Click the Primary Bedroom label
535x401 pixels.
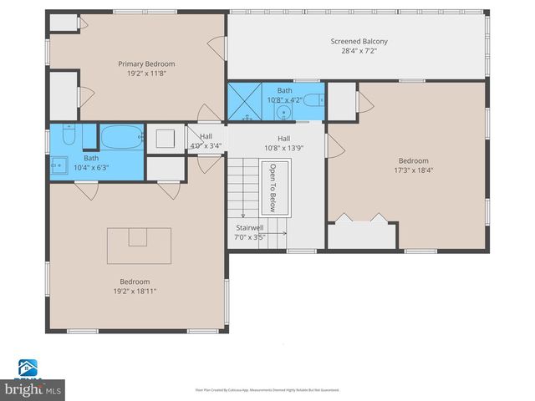click(146, 63)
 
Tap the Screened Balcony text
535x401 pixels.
click(359, 41)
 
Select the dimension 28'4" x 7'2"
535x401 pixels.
click(359, 51)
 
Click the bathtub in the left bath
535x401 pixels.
click(122, 136)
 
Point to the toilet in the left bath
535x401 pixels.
click(68, 135)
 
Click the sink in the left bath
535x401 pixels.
click(59, 164)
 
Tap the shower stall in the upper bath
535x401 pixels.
click(245, 100)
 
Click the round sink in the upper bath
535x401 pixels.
click(284, 111)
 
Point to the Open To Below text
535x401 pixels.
click(272, 188)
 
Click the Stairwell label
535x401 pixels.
click(250, 227)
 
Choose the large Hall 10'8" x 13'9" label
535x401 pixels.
click(283, 148)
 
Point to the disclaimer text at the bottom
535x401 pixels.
click(267, 389)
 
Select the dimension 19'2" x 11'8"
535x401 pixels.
click(146, 73)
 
